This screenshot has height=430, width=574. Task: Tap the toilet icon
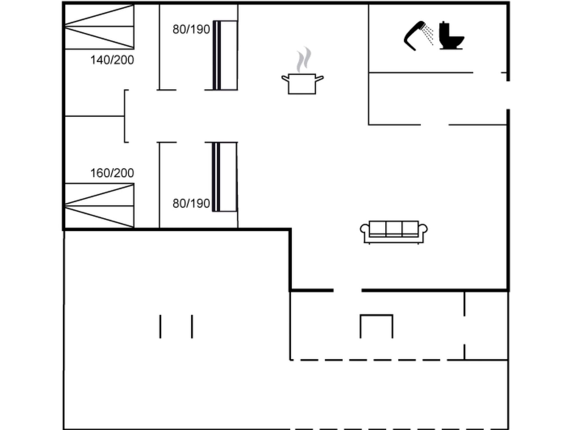(451, 36)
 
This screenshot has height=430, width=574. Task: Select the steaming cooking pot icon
(302, 83)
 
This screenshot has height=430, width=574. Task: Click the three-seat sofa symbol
(394, 232)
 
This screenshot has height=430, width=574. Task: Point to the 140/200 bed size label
(112, 60)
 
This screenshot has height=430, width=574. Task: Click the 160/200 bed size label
(112, 173)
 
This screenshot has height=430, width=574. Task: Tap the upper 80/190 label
(191, 29)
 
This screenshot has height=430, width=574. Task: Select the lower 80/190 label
(191, 204)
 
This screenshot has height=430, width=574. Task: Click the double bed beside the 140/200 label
(99, 27)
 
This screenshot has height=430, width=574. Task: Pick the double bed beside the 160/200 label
(99, 206)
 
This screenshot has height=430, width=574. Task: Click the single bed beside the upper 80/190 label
(225, 55)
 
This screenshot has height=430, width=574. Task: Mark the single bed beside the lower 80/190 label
(224, 177)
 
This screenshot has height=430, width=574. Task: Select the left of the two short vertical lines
(160, 326)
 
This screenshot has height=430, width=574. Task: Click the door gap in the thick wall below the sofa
(348, 290)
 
